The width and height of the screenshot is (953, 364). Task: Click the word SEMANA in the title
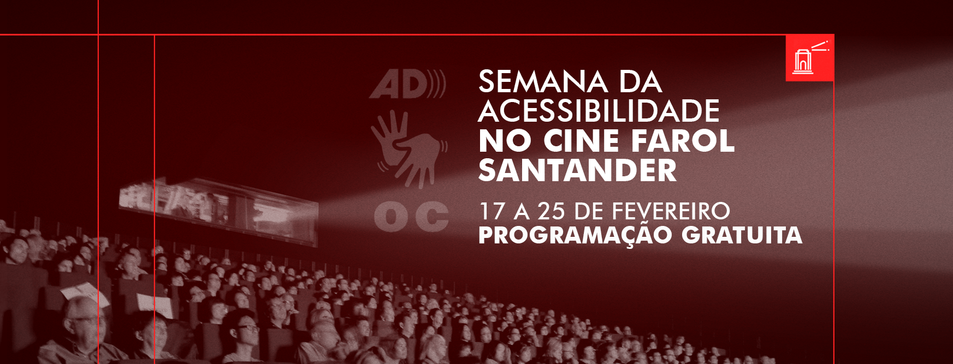[x=543, y=82]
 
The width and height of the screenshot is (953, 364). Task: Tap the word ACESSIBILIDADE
[x=599, y=111]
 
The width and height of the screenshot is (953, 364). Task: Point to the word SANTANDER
[x=577, y=170]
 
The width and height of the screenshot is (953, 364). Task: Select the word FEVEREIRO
[x=671, y=212]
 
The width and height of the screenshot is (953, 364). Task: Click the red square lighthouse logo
[x=809, y=58]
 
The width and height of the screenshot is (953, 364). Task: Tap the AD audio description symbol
[x=407, y=84]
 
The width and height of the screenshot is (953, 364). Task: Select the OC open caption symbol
[x=411, y=216]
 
